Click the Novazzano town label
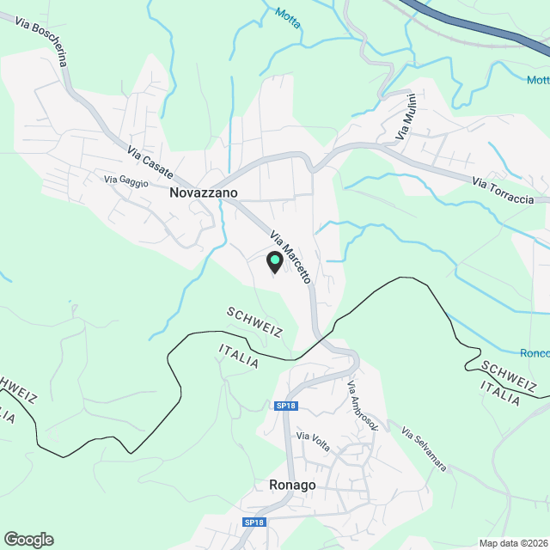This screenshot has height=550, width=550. click(x=204, y=193)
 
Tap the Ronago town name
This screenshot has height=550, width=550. click(x=291, y=485)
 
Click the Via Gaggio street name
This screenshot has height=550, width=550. click(x=126, y=180)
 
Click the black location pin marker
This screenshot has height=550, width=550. click(x=275, y=262)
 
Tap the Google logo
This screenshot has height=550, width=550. click(x=28, y=539)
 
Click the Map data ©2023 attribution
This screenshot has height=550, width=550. click(x=512, y=542)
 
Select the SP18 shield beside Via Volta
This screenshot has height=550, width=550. click(x=285, y=406)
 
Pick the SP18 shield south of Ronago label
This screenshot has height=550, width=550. click(x=254, y=522)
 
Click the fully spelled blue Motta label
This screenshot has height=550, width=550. click(x=289, y=17)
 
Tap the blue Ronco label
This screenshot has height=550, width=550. click(x=535, y=353)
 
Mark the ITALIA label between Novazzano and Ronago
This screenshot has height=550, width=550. click(x=239, y=357)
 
